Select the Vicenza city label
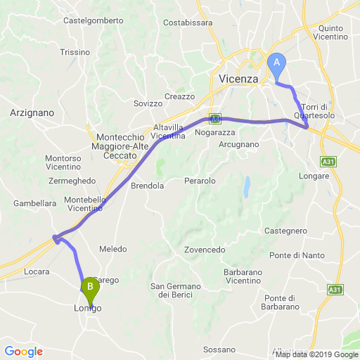coord(239,79)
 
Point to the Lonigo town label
coord(88,309)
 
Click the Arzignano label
coord(32,112)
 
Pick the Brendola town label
coord(148,186)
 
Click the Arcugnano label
coord(239,145)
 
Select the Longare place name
coord(314,176)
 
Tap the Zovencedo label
coord(205,250)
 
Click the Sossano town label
coord(219,349)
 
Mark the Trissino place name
coord(75,52)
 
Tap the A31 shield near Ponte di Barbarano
coord(333,288)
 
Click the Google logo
coord(23,352)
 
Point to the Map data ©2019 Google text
coord(316,354)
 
